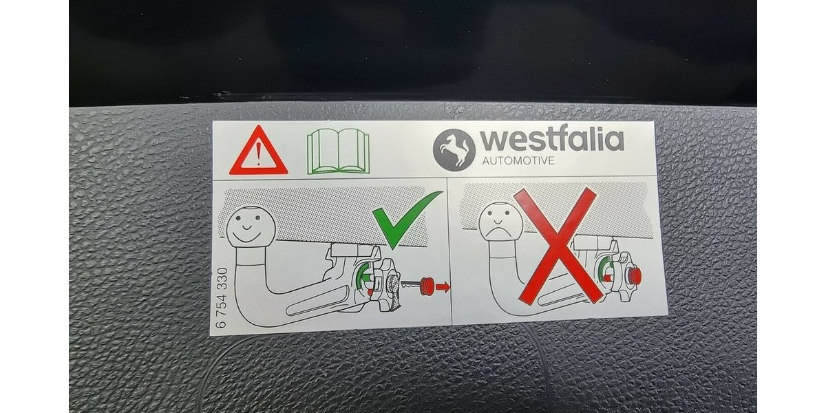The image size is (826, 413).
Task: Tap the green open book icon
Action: (x=338, y=151)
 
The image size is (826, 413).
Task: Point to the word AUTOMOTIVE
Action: (x=518, y=161)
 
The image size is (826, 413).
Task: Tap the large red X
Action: (x=558, y=246)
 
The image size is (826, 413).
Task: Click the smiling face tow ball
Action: (x=251, y=226)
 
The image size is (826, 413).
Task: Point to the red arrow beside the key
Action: (x=443, y=286)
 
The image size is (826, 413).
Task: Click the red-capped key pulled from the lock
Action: (x=417, y=286)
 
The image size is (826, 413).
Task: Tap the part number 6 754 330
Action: (x=222, y=298)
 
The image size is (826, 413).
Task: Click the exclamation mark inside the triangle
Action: (x=259, y=153)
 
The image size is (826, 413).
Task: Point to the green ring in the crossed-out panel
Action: (x=602, y=273)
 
